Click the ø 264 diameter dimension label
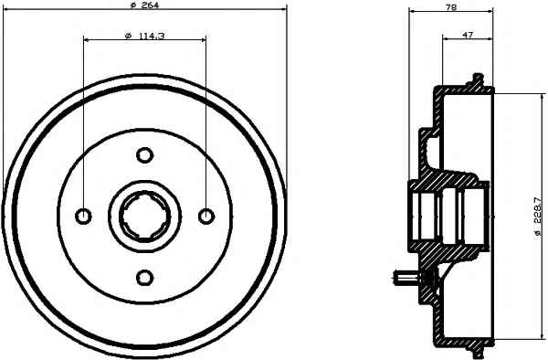click(x=144, y=5)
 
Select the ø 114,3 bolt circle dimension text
click(x=144, y=36)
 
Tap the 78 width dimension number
click(x=451, y=7)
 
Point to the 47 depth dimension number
click(x=468, y=35)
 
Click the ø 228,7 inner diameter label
click(x=538, y=218)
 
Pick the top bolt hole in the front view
click(x=144, y=154)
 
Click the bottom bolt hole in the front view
click(x=144, y=278)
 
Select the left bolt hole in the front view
click(x=83, y=216)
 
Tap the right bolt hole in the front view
click(x=206, y=216)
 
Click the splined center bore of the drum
click(x=144, y=217)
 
